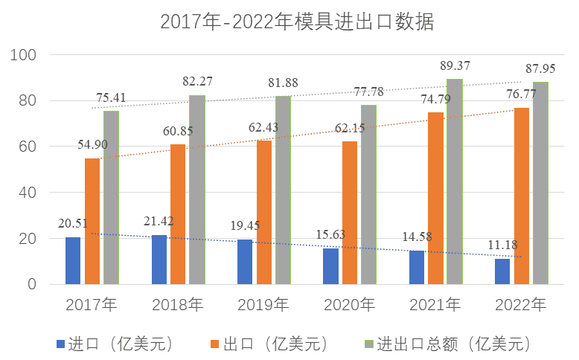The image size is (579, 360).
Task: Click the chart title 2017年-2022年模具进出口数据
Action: [x=296, y=22]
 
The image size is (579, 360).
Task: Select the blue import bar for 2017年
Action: [x=73, y=260]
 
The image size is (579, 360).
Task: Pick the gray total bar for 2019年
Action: [x=283, y=190]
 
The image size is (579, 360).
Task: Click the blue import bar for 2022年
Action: [x=502, y=271]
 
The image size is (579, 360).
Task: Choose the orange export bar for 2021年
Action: [x=435, y=198]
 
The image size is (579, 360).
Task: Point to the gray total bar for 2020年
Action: [x=369, y=194]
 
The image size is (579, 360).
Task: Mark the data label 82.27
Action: [x=199, y=81]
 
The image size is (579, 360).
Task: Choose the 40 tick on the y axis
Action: [x=27, y=193]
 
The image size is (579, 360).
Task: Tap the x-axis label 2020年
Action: [x=350, y=304]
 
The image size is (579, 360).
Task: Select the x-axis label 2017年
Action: [x=92, y=304]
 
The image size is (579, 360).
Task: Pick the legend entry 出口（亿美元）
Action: [x=272, y=344]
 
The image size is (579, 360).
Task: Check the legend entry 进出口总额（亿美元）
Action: [x=454, y=344]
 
